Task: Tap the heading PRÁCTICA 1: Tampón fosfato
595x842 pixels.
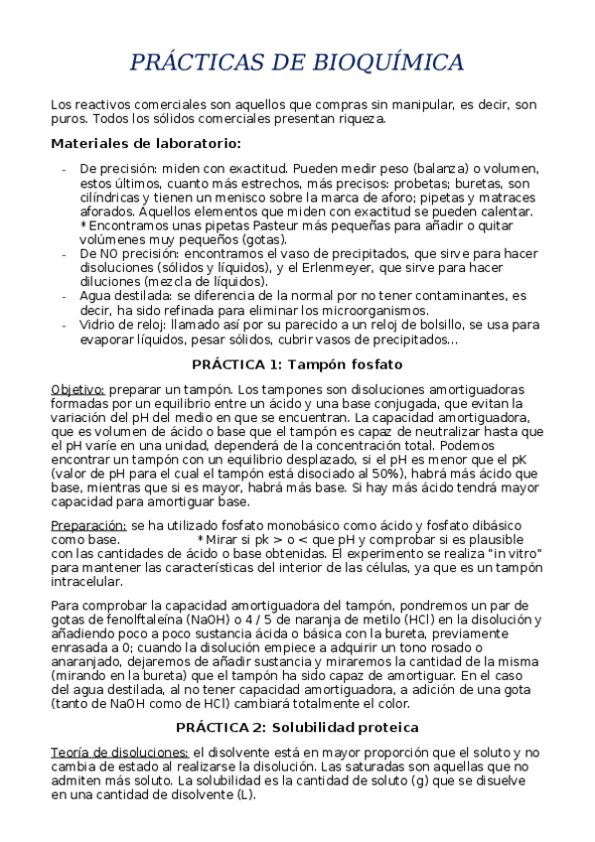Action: (x=297, y=363)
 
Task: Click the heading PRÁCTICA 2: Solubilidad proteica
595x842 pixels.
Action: (x=297, y=728)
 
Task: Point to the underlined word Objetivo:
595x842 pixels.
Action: (x=77, y=388)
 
